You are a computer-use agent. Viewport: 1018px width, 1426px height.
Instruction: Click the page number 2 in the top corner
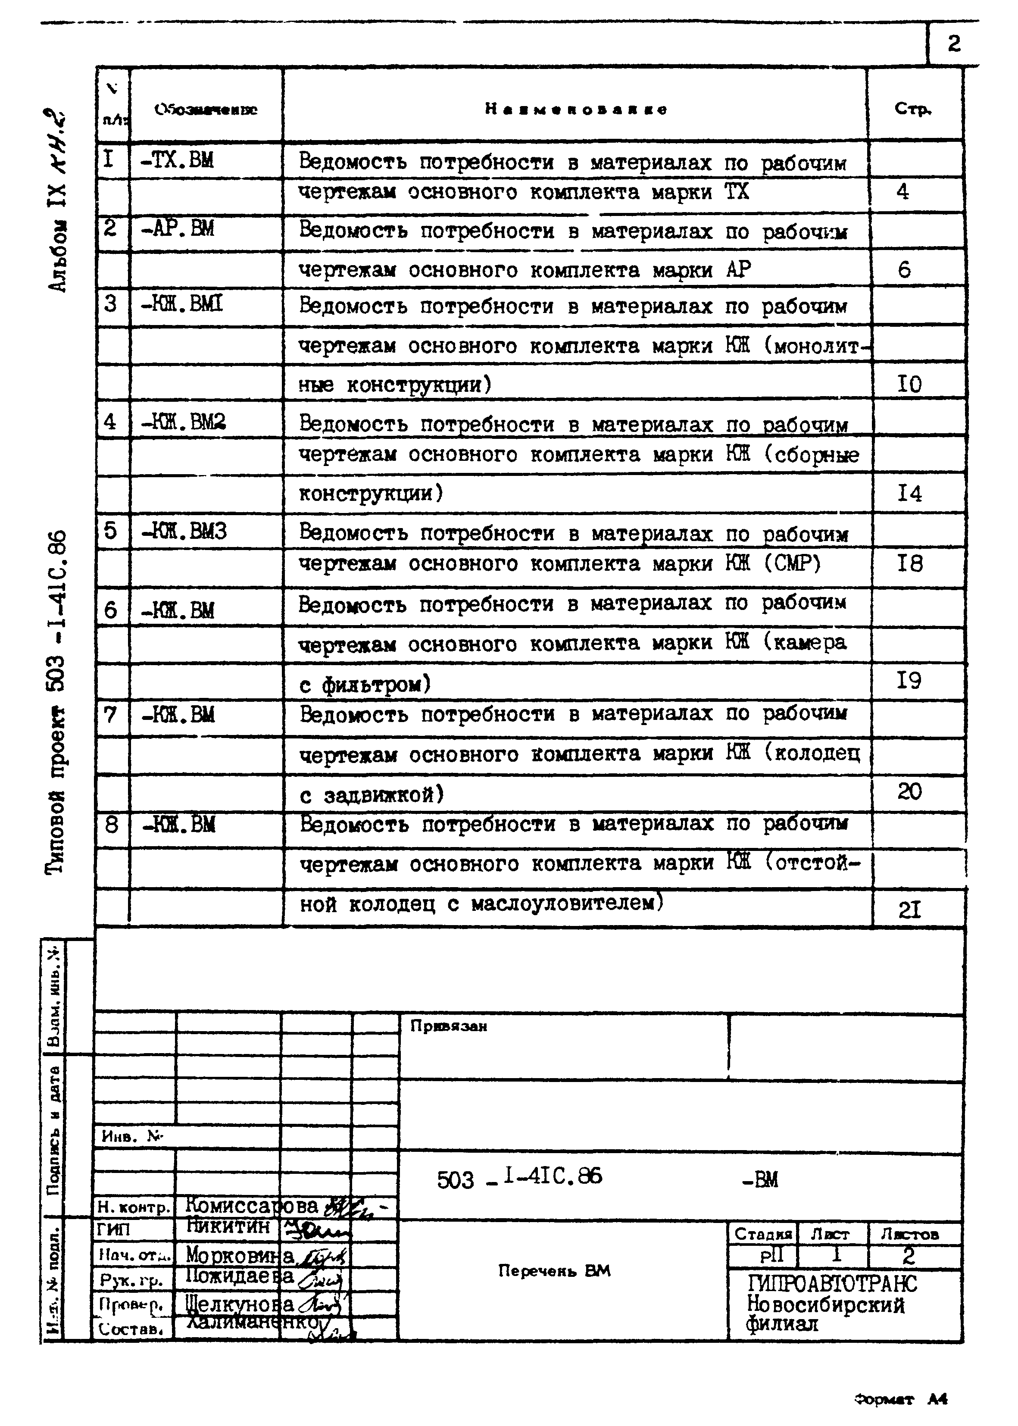pyautogui.click(x=953, y=44)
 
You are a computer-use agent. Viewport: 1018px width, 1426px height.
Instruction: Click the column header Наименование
pyautogui.click(x=575, y=109)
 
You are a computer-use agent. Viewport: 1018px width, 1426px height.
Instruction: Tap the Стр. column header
pyautogui.click(x=913, y=109)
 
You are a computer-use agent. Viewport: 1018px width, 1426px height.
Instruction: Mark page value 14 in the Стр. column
pyautogui.click(x=909, y=494)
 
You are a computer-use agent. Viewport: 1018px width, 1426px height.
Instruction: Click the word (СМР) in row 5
pyautogui.click(x=792, y=563)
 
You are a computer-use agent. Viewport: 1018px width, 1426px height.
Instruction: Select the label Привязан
pyautogui.click(x=449, y=1026)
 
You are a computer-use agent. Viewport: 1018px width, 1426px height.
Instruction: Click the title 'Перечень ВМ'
pyautogui.click(x=554, y=1270)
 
